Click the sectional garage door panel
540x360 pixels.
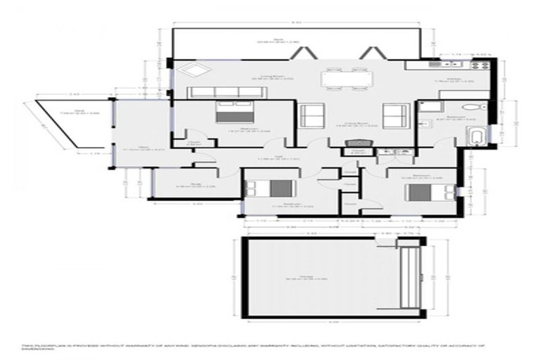pyautogui.click(x=407, y=278)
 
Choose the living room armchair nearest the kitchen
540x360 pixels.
pyautogui.click(x=394, y=114)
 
